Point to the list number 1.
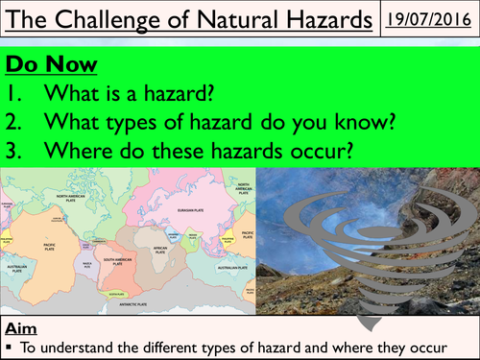click(x=16, y=93)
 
